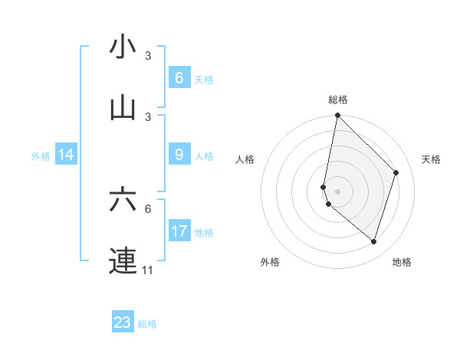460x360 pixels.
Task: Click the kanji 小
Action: [x=123, y=47]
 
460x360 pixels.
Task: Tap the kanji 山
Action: [x=123, y=109]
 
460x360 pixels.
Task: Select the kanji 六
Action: [x=123, y=200]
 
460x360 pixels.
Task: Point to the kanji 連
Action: [x=123, y=260]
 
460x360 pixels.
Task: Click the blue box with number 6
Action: [x=179, y=78]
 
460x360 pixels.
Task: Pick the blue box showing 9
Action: [x=179, y=155]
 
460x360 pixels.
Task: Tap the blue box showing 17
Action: [x=179, y=231]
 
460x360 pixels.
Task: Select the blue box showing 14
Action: [x=66, y=155]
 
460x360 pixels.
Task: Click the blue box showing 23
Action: [x=123, y=322]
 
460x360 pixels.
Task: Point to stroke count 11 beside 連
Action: [x=148, y=270]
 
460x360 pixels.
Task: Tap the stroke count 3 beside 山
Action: [x=148, y=116]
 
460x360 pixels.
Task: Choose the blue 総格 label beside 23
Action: [x=147, y=324]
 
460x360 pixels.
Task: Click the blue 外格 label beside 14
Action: [x=41, y=155]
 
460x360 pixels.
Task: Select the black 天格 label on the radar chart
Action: [x=431, y=159]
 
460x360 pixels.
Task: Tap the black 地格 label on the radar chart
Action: [x=402, y=262]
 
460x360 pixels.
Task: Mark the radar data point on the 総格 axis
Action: [x=337, y=115]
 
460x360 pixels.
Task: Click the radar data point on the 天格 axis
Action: [x=396, y=172]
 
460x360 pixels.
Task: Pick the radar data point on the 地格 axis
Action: [x=373, y=241]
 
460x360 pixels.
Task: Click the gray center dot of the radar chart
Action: [x=337, y=191]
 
